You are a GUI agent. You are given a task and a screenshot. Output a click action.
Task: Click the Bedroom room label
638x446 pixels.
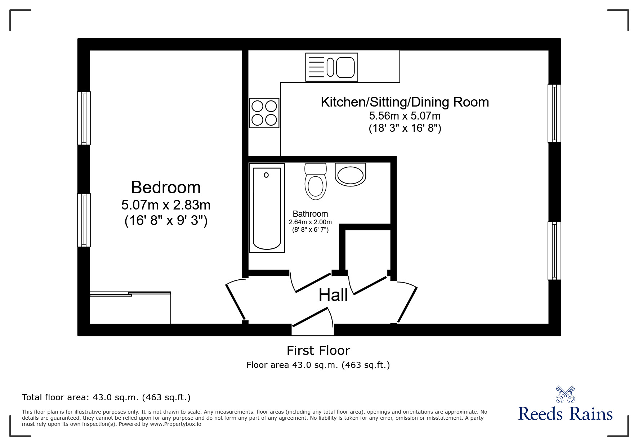166,188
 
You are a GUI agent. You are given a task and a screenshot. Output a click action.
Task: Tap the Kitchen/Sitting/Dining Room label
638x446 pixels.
405,102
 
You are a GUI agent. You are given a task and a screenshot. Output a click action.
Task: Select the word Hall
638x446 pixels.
333,295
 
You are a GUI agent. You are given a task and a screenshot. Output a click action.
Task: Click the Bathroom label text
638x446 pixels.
310,214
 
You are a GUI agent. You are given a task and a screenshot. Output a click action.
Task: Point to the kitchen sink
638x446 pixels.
331,67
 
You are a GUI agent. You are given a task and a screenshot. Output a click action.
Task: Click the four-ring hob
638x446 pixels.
264,113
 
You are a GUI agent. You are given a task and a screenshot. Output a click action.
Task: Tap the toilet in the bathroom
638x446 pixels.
316,181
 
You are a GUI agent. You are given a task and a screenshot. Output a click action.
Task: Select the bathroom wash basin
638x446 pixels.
350,175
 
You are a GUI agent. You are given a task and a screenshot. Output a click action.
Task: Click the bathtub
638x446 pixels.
267,208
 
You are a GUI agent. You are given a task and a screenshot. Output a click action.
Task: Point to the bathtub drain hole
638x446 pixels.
266,175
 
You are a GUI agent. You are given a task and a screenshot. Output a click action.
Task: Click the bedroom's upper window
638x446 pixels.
84,118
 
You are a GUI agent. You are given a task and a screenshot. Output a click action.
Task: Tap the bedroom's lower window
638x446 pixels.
84,220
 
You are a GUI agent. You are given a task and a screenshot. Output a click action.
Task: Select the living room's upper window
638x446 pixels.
554,113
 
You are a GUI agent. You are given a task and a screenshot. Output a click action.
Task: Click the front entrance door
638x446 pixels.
313,317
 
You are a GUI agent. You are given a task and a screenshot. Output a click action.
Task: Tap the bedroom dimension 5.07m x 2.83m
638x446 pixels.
166,205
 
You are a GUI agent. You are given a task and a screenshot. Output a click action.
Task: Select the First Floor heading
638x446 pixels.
318,350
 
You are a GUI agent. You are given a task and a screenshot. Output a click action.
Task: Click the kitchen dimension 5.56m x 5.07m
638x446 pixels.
405,116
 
